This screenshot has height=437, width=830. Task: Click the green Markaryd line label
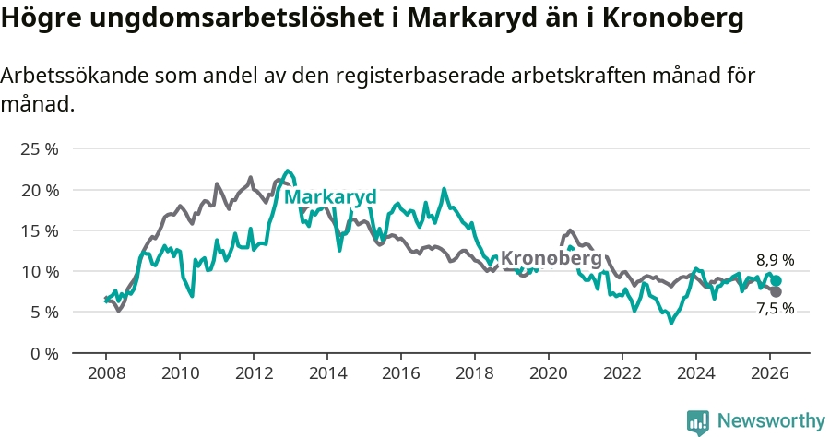pyautogui.click(x=330, y=197)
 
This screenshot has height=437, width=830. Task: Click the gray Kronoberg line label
pyautogui.click(x=551, y=258)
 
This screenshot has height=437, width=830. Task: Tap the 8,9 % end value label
pyautogui.click(x=775, y=261)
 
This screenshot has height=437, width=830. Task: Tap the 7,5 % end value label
pyautogui.click(x=775, y=309)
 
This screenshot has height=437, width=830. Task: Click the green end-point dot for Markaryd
pyautogui.click(x=776, y=281)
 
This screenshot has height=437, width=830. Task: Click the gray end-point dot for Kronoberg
pyautogui.click(x=776, y=292)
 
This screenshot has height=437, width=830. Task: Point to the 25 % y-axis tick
pyautogui.click(x=40, y=149)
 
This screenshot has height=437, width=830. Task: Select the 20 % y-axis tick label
pyautogui.click(x=40, y=190)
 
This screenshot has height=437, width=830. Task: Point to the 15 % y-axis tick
pyautogui.click(x=40, y=230)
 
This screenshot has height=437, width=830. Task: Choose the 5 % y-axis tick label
pyautogui.click(x=43, y=312)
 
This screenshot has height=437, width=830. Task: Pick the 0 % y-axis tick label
pyautogui.click(x=43, y=353)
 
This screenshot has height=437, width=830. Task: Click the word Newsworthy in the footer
pyautogui.click(x=771, y=421)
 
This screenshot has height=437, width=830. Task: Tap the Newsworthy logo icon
pyautogui.click(x=698, y=422)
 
